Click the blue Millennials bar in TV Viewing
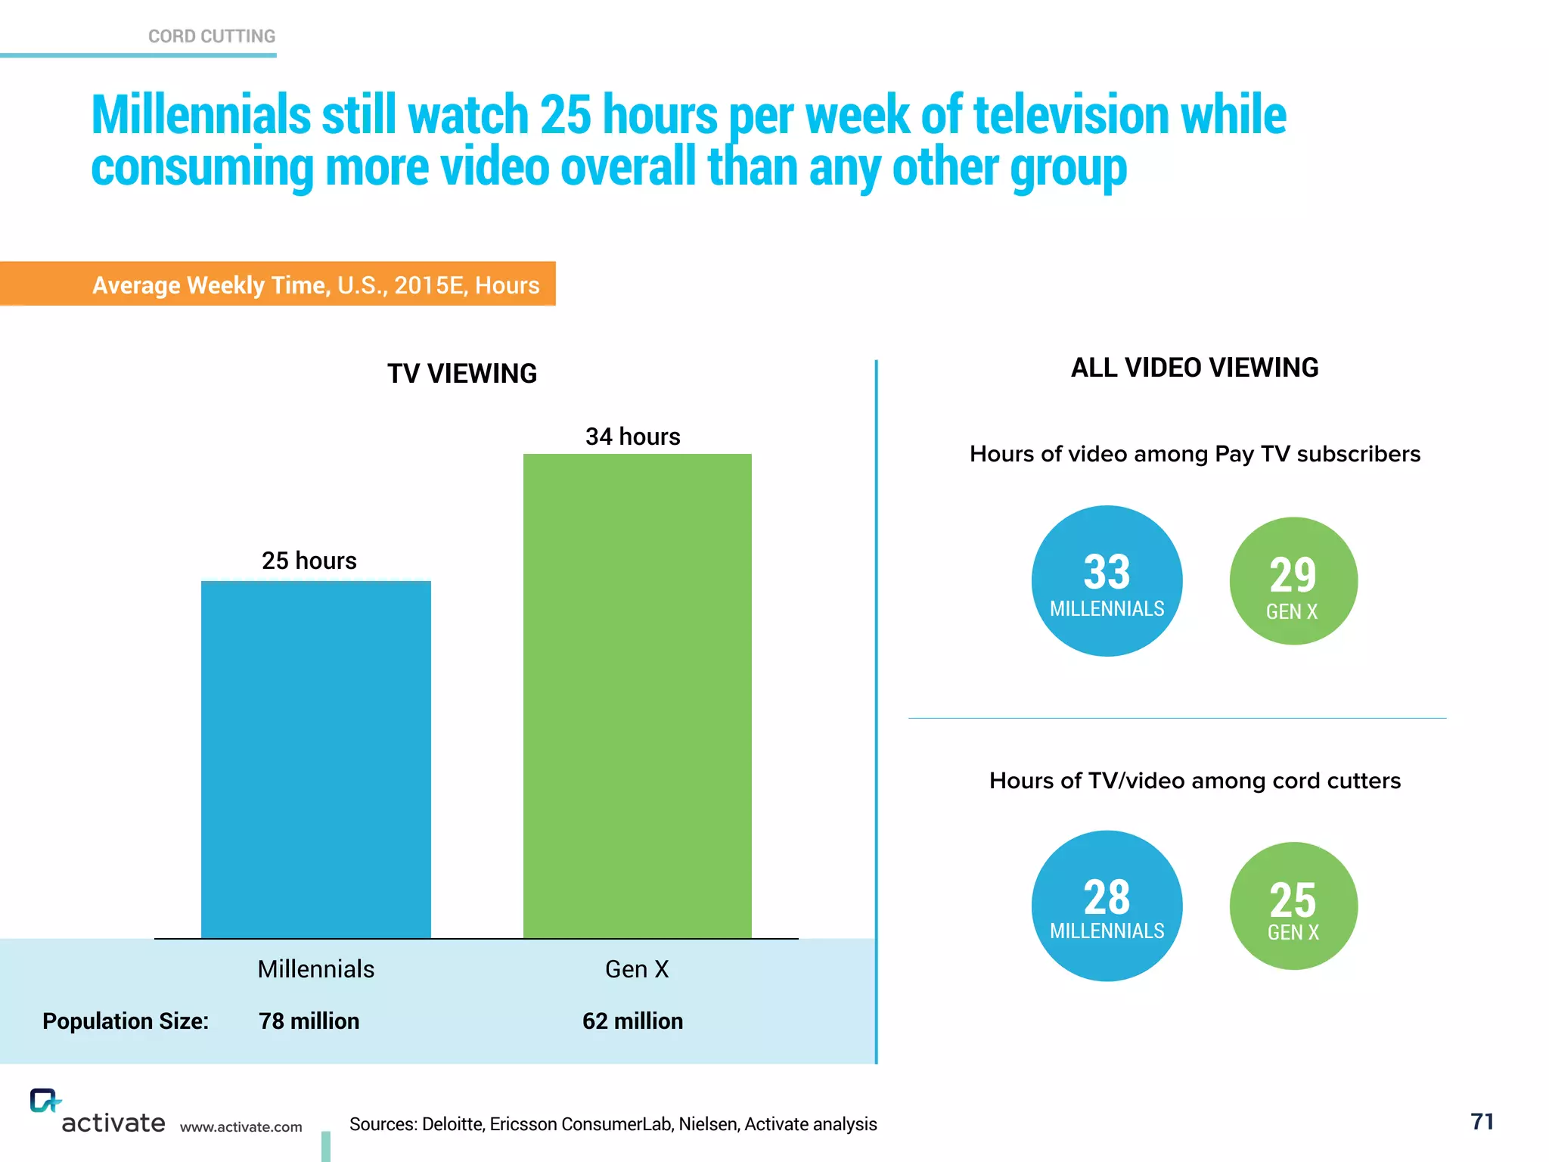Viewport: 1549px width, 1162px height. tap(315, 760)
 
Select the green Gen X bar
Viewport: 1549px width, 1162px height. tap(637, 696)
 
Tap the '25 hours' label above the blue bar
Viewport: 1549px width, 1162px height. tap(309, 561)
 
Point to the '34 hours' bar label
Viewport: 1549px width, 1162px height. tap(632, 437)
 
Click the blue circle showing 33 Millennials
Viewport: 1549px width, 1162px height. tap(1107, 581)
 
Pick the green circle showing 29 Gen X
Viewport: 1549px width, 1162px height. tap(1293, 581)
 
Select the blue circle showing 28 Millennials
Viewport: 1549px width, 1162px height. tap(1107, 906)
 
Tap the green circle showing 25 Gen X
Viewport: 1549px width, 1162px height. tap(1293, 906)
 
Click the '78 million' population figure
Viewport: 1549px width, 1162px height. tap(309, 1021)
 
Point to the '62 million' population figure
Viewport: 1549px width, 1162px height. tap(632, 1021)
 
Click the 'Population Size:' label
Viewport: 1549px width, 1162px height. tap(126, 1021)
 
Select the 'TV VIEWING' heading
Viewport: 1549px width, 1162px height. tap(462, 374)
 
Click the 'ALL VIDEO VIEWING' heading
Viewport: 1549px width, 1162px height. tap(1194, 368)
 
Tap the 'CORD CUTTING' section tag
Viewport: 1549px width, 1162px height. tap(212, 36)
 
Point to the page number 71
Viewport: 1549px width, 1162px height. tap(1482, 1121)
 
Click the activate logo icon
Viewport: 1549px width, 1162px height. tap(44, 1101)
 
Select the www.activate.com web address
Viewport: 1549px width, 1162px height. tap(241, 1127)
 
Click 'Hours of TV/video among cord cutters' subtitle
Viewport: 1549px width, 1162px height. tap(1194, 781)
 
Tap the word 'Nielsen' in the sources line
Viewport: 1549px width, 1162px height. tap(709, 1124)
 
